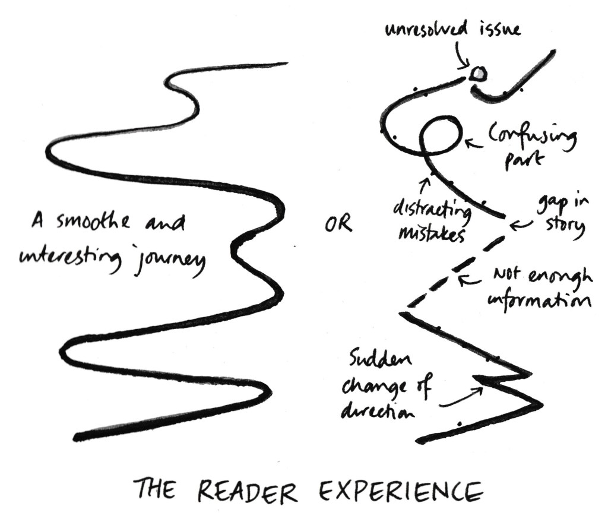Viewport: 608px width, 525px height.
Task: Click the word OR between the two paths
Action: coord(337,224)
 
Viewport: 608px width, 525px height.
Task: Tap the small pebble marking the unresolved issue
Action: coord(478,74)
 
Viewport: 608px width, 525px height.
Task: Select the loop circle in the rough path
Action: coord(440,135)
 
